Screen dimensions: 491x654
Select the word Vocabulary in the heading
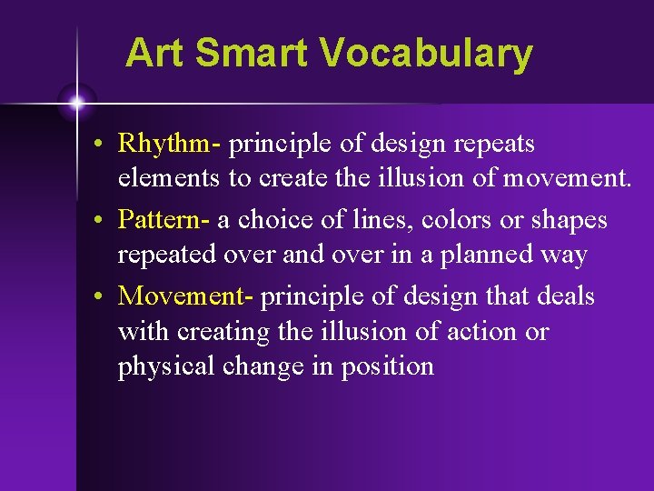pos(427,55)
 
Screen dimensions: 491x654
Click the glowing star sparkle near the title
pos(77,103)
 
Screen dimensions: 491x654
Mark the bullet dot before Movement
pos(107,297)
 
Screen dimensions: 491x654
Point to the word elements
pos(170,178)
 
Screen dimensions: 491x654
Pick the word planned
pos(482,256)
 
